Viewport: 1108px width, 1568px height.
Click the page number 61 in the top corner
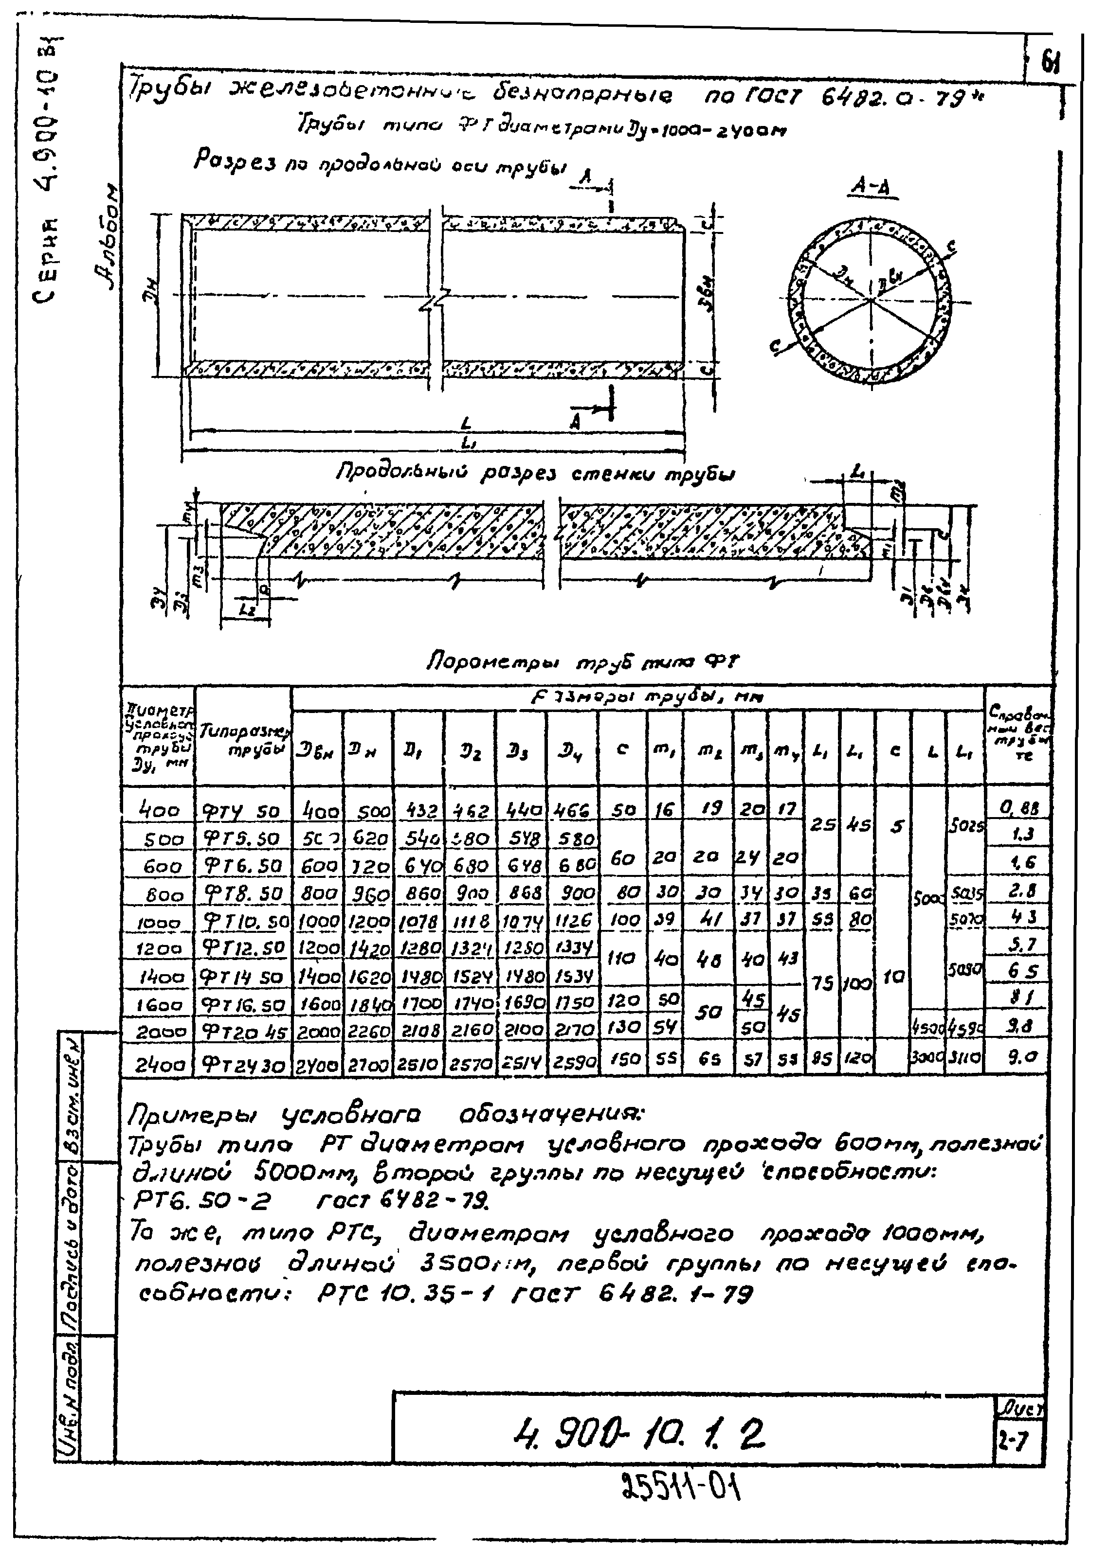coord(1049,64)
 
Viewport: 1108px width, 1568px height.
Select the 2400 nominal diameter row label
coord(157,1063)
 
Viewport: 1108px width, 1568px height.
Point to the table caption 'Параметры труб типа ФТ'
coord(582,661)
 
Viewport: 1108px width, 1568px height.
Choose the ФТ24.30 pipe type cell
coord(242,1063)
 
